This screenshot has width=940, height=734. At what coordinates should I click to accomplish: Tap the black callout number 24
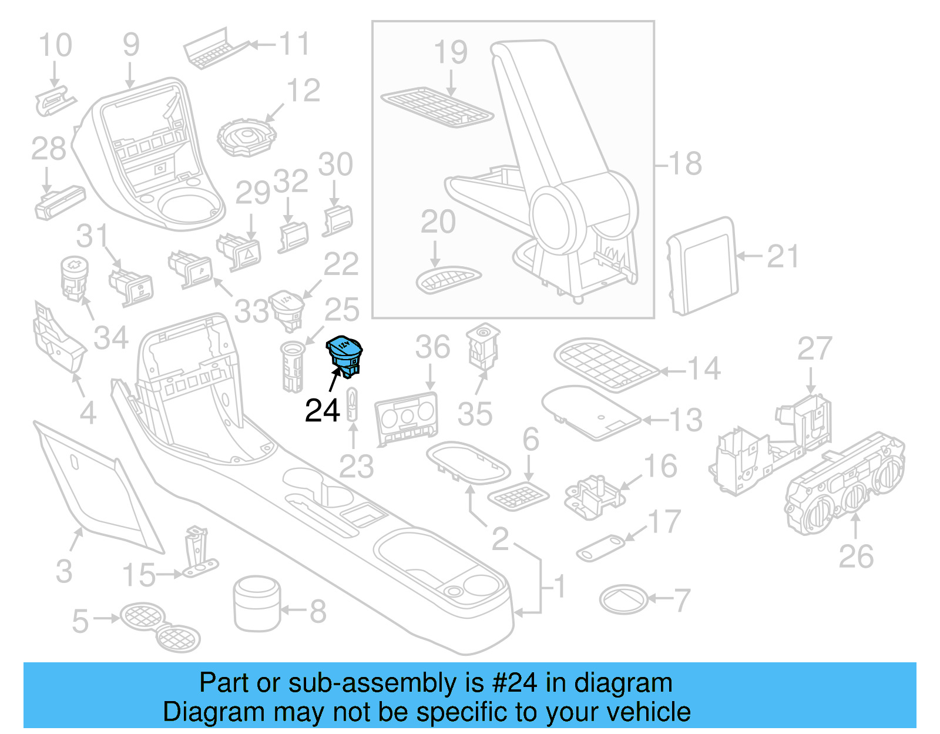coord(322,411)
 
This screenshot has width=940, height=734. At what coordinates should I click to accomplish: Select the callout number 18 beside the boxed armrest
coord(685,163)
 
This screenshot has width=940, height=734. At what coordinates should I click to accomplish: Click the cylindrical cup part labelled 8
coord(257,603)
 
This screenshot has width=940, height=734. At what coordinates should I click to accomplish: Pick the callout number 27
coord(814,349)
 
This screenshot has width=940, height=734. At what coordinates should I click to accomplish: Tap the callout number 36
coord(432,347)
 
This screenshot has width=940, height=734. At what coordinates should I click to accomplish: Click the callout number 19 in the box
coord(451,53)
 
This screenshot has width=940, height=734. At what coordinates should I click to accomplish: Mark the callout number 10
coord(55,46)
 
